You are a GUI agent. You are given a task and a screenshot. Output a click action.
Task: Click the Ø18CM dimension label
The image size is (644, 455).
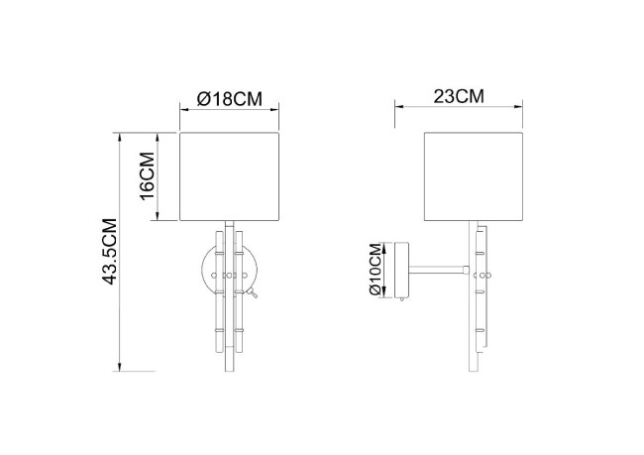(230, 98)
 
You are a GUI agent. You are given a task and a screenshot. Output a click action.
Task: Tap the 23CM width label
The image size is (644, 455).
(459, 96)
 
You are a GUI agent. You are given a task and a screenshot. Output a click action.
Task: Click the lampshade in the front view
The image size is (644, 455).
(231, 175)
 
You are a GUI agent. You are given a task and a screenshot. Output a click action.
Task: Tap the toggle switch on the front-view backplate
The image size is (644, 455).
(254, 293)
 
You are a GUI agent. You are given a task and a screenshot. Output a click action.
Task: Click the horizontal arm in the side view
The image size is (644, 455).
(436, 269)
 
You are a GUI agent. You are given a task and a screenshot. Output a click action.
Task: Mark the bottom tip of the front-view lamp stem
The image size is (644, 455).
(231, 369)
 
